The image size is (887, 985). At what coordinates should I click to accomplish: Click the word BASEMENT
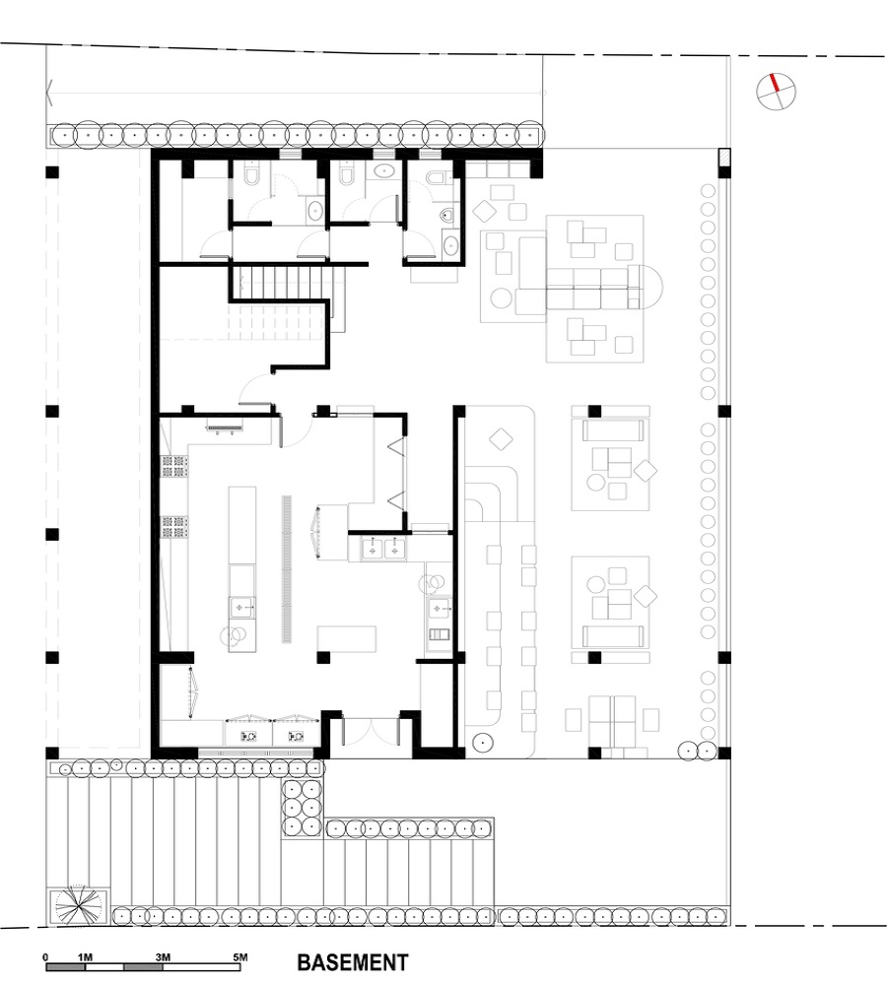pyautogui.click(x=352, y=962)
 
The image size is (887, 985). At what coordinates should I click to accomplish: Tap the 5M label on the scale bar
pyautogui.click(x=239, y=957)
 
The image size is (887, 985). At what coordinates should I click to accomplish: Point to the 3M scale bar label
pyautogui.click(x=163, y=957)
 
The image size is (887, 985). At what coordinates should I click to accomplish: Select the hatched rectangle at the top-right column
pyautogui.click(x=724, y=157)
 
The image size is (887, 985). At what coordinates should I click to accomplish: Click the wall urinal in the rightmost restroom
pyautogui.click(x=448, y=216)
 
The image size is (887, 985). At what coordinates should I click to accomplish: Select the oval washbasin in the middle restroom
pyautogui.click(x=383, y=170)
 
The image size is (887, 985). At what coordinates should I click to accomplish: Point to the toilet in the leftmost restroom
pyautogui.click(x=251, y=175)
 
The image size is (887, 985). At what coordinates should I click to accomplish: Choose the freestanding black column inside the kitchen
pyautogui.click(x=323, y=658)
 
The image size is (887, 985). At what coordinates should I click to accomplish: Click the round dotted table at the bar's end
pyautogui.click(x=482, y=743)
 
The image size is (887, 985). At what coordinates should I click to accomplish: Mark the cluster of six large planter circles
pyautogui.click(x=302, y=808)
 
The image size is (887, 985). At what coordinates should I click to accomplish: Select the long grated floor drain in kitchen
pyautogui.click(x=287, y=568)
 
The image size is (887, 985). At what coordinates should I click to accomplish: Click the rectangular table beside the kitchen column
pyautogui.click(x=346, y=639)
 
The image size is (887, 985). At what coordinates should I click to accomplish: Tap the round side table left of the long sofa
pyautogui.click(x=501, y=298)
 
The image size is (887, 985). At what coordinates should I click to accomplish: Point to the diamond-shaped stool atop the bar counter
pyautogui.click(x=501, y=439)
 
